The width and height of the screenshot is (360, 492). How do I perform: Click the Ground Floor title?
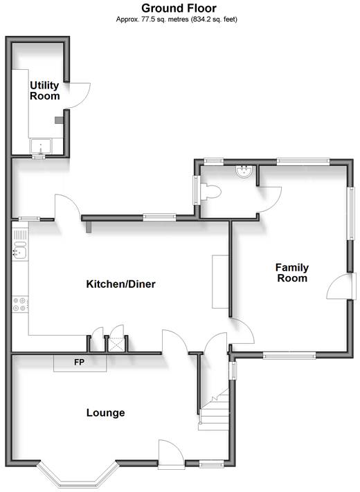[x=179, y=8]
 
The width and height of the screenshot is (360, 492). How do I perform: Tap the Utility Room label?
[x=44, y=91]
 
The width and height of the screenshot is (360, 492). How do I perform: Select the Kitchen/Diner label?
[x=121, y=284]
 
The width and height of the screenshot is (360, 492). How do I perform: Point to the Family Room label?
[x=292, y=273]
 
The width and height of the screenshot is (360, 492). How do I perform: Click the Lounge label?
[x=105, y=412]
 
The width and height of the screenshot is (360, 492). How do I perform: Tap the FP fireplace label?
[x=79, y=362]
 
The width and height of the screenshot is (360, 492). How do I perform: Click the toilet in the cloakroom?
[x=210, y=192]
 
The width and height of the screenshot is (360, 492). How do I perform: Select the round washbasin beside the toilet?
[x=244, y=172]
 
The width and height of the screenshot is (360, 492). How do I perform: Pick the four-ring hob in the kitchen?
[x=20, y=304]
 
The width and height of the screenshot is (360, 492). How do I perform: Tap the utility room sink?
[x=41, y=146]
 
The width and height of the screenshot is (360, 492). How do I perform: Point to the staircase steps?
[x=215, y=409]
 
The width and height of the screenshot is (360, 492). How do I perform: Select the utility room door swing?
[x=78, y=95]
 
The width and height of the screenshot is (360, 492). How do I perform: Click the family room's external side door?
[x=341, y=286]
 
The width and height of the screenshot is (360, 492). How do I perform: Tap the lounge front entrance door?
[x=171, y=454]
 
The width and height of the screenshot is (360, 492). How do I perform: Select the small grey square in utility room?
[x=59, y=120]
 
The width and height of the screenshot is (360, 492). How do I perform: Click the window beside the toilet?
[x=197, y=190]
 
